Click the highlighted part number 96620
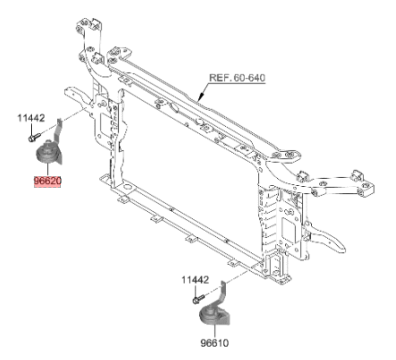tap(48, 181)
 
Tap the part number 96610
tap(215, 343)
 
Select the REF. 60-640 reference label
tap(237, 77)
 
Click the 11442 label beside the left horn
tap(31, 118)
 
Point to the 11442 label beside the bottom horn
tap(195, 280)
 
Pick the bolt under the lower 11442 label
tap(199, 299)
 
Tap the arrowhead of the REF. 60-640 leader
tap(201, 97)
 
